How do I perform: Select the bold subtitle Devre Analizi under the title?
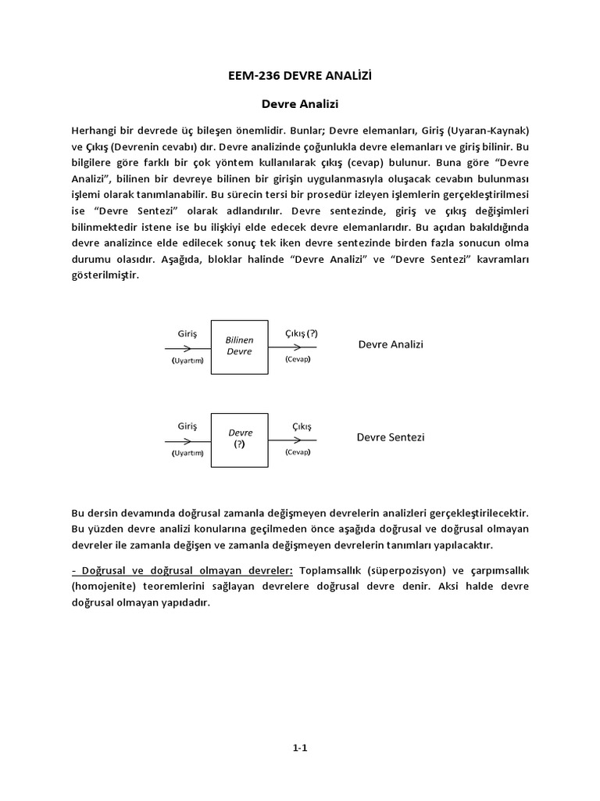pyautogui.click(x=300, y=102)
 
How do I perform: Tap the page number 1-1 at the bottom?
pyautogui.click(x=300, y=748)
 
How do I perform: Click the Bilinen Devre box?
pyautogui.click(x=239, y=347)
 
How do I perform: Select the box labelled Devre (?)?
pyautogui.click(x=239, y=439)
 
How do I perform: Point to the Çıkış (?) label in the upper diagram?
pyautogui.click(x=301, y=333)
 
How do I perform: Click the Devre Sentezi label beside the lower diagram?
pyautogui.click(x=391, y=438)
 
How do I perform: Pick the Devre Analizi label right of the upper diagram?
pyautogui.click(x=391, y=345)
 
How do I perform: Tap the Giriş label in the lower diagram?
pyautogui.click(x=187, y=426)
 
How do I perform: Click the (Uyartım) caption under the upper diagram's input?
pyautogui.click(x=187, y=360)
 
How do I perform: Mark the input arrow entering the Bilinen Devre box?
pyautogui.click(x=187, y=347)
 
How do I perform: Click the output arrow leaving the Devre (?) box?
pyautogui.click(x=293, y=439)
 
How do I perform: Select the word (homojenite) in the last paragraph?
pyautogui.click(x=101, y=587)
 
